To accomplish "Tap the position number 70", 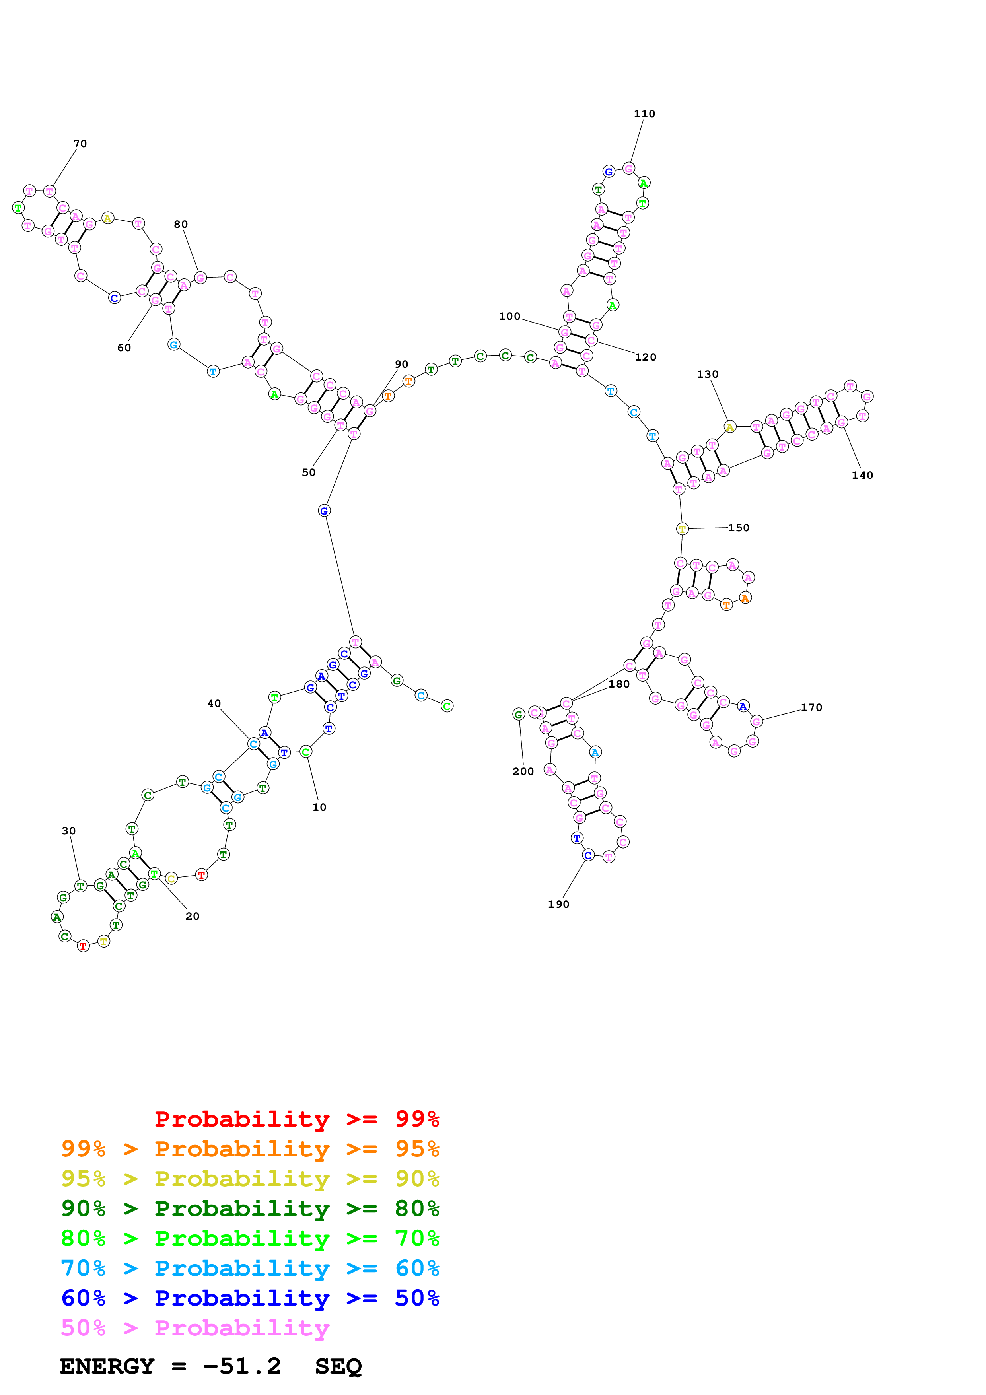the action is pos(80,144).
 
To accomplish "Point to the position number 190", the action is pos(558,904).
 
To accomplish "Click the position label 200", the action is pos(523,771).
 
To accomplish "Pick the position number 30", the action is pos(69,831).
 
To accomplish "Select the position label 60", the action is pos(124,348).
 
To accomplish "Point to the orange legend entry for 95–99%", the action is pos(250,1148).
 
